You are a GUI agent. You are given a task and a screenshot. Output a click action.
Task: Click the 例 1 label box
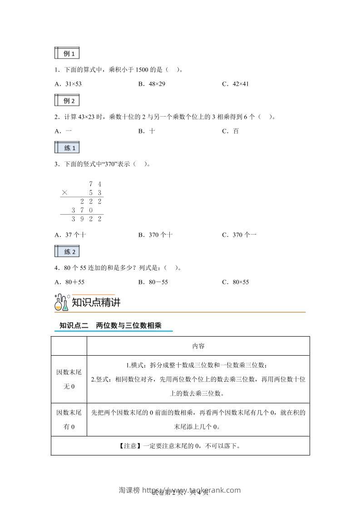67,53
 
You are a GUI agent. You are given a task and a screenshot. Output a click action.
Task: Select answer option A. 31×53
68,84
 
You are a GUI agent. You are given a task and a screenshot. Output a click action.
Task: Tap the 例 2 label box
67,100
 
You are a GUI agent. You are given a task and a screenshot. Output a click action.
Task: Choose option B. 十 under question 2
147,131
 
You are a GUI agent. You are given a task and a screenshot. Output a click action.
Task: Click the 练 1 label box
67,148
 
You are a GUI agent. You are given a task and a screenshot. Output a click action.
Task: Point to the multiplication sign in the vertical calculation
64,193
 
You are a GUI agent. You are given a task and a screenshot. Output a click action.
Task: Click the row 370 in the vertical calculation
82,210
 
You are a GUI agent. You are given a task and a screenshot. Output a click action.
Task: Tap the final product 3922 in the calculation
86,219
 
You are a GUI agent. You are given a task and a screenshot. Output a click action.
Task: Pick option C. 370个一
239,235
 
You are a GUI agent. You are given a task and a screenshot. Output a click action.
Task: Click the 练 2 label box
67,251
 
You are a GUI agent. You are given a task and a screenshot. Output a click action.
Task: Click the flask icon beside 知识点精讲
61,303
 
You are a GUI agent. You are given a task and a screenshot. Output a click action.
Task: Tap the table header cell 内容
198,346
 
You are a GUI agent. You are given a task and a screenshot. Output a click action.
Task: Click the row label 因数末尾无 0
69,379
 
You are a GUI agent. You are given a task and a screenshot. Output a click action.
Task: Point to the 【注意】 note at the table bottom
180,445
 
